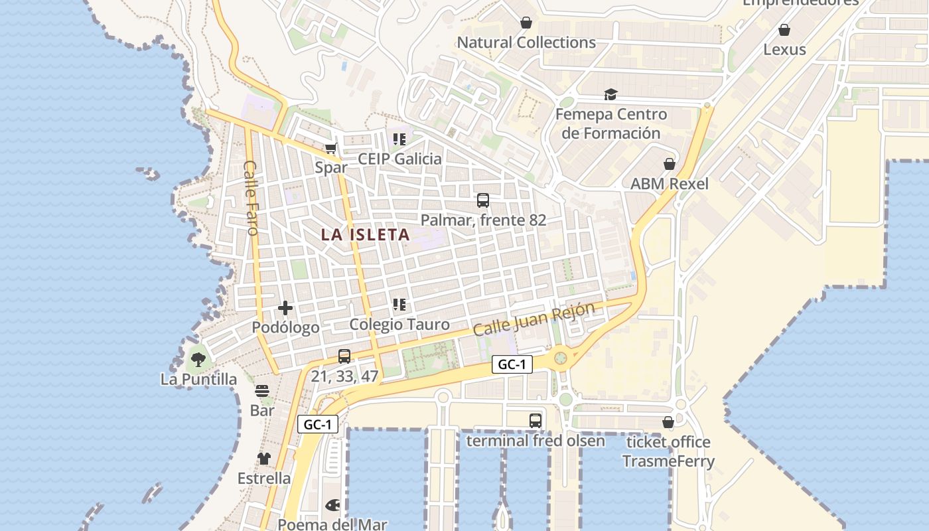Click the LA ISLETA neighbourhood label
pyautogui.click(x=365, y=234)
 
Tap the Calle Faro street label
pyautogui.click(x=250, y=198)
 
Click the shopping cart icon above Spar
pyautogui.click(x=330, y=149)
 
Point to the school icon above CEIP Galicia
pyautogui.click(x=399, y=139)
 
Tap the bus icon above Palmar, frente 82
pyautogui.click(x=483, y=200)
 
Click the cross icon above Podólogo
pyautogui.click(x=285, y=308)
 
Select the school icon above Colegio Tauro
pyautogui.click(x=399, y=305)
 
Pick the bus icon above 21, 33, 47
pyautogui.click(x=344, y=356)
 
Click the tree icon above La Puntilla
pyautogui.click(x=198, y=360)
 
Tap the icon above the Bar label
pyautogui.click(x=262, y=391)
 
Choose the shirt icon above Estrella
pyautogui.click(x=264, y=459)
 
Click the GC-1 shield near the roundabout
pyautogui.click(x=512, y=364)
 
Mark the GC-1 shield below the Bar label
pyautogui.click(x=318, y=425)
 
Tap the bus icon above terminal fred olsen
pyautogui.click(x=536, y=421)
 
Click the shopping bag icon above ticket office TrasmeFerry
pyautogui.click(x=668, y=422)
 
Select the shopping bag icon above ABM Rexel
pyautogui.click(x=670, y=164)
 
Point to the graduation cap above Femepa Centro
pyautogui.click(x=610, y=95)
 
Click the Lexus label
pyautogui.click(x=784, y=49)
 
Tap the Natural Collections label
pyautogui.click(x=526, y=42)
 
